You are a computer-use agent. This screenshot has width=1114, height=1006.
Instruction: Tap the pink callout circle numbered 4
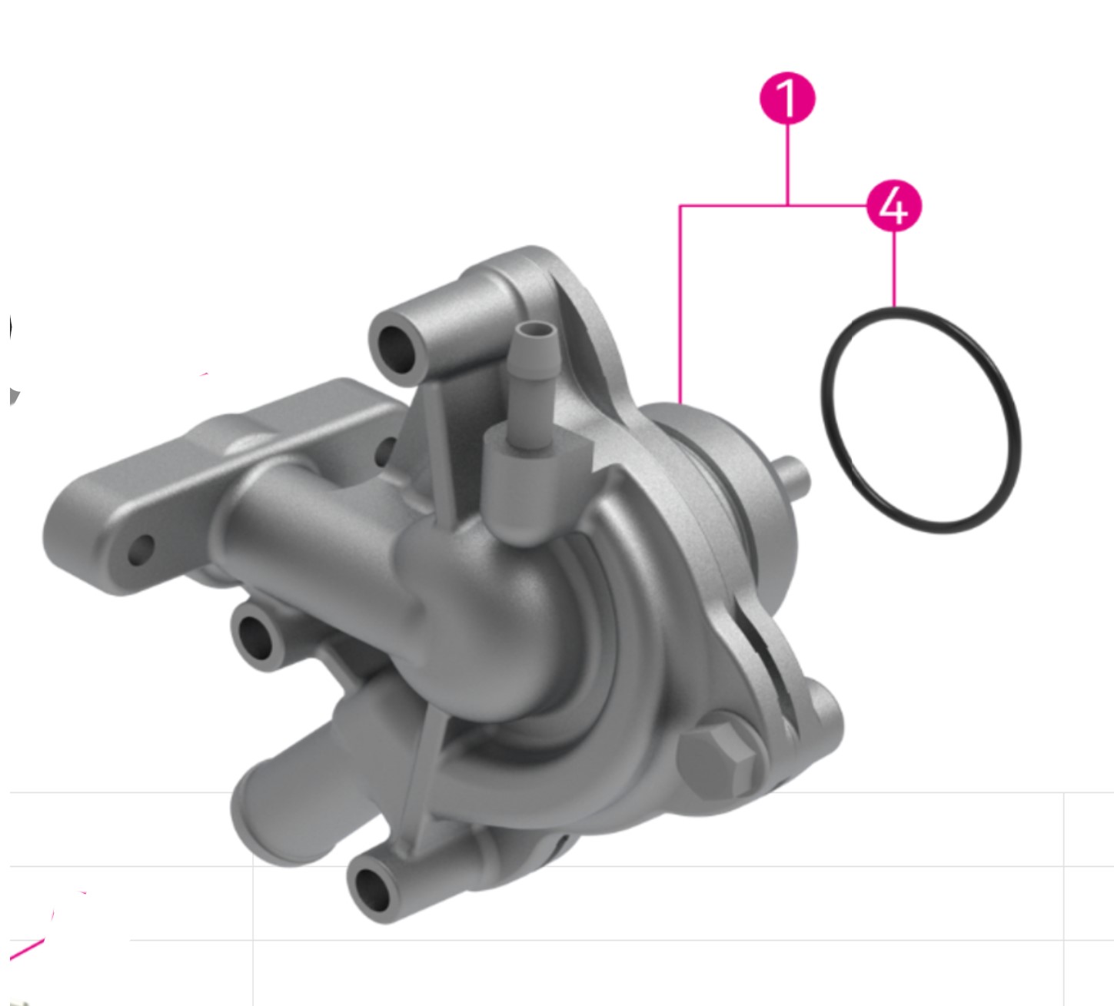[x=893, y=206]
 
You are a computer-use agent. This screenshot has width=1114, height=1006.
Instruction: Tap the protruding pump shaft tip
[x=795, y=477]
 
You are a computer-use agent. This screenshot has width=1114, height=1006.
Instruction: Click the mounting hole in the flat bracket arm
[x=140, y=549]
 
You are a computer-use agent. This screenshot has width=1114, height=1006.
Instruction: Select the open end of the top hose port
[x=395, y=347]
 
